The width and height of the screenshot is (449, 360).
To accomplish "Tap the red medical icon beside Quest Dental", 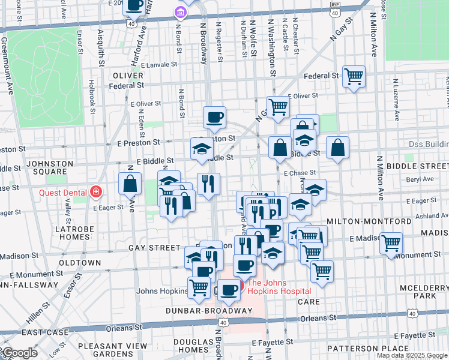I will coord(95,192).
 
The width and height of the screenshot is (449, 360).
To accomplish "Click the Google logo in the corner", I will coord(19,353).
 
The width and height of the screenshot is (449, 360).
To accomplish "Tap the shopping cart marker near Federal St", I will coord(354,76).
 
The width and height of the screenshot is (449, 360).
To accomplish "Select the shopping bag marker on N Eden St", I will coord(130,184).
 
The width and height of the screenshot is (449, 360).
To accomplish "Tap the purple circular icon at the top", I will coord(178,12).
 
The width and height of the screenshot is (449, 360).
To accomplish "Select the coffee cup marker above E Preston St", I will coord(214,117).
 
